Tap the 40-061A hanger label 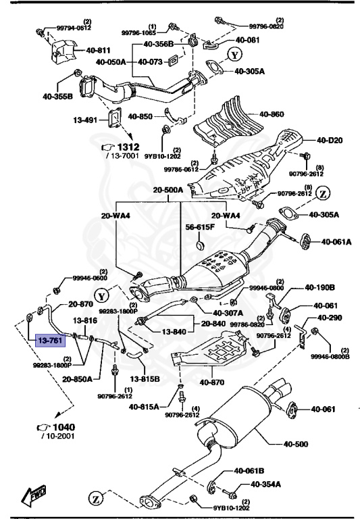336,241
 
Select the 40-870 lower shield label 213,383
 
